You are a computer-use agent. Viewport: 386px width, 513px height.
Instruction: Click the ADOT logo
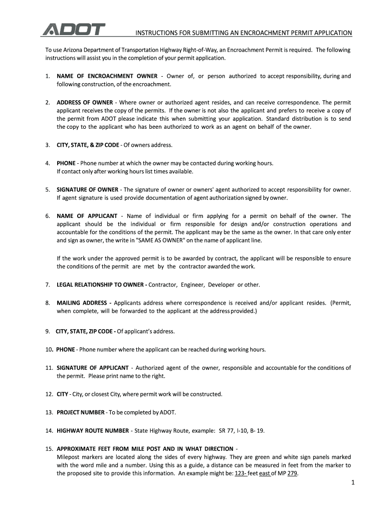(74, 30)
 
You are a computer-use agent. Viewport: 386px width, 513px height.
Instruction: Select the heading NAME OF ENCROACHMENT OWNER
(107, 76)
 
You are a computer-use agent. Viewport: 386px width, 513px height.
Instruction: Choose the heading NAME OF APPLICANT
(87, 215)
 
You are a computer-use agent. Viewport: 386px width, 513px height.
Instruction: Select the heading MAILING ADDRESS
(84, 303)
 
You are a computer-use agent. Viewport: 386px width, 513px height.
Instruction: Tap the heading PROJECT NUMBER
(81, 412)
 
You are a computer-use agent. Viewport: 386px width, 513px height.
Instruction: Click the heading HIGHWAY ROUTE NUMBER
(93, 430)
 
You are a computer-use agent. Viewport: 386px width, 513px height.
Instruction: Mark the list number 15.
(49, 448)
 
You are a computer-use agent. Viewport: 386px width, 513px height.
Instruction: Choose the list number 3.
(47, 145)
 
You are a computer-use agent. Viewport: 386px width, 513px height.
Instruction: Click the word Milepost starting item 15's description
(69, 457)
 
